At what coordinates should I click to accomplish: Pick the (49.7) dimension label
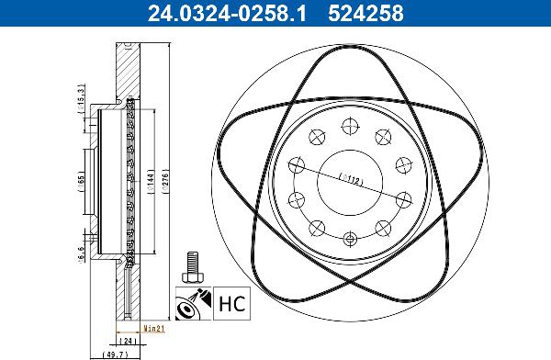pos(111,352)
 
